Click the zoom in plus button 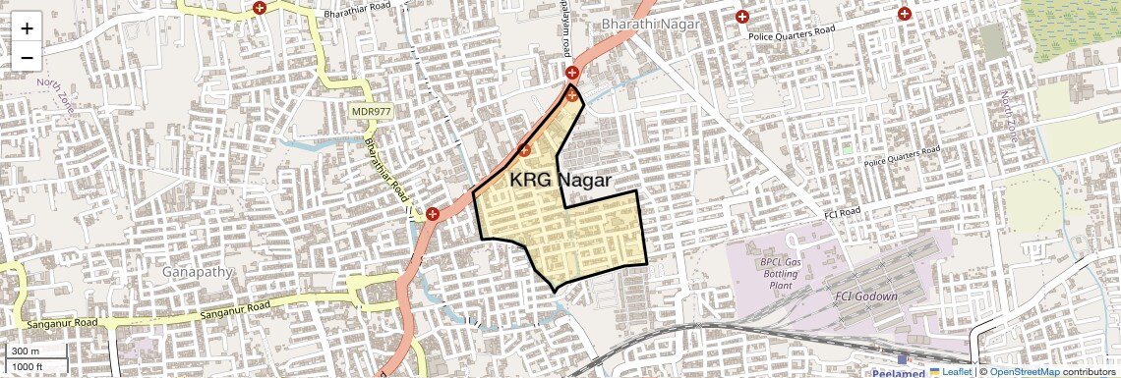(27, 27)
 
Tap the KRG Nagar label (560, 181)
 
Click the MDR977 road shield (371, 112)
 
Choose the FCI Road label (840, 212)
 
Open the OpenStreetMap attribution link (1025, 371)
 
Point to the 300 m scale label (27, 351)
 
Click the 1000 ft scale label (29, 366)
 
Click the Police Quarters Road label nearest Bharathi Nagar (792, 34)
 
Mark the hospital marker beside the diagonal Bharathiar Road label (432, 213)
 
